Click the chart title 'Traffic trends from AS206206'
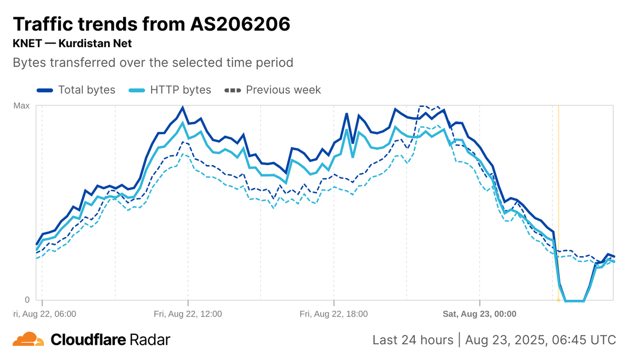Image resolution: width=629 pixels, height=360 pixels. click(x=151, y=24)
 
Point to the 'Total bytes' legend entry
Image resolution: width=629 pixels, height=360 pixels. click(x=86, y=90)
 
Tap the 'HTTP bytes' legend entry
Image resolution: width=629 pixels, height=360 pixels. click(x=180, y=90)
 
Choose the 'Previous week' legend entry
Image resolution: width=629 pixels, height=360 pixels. click(x=283, y=90)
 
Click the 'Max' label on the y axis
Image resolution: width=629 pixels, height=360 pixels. click(x=21, y=106)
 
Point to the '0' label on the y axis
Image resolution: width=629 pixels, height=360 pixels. click(x=27, y=300)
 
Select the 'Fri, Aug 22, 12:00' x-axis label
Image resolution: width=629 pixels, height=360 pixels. click(x=188, y=314)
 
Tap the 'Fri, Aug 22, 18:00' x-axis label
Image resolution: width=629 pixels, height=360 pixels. click(x=333, y=314)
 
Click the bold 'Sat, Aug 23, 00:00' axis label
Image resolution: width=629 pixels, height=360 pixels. click(x=480, y=314)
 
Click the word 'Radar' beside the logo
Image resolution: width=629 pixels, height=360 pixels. click(x=150, y=340)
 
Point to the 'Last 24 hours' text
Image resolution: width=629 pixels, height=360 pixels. click(x=413, y=340)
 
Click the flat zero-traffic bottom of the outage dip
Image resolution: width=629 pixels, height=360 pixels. click(x=574, y=301)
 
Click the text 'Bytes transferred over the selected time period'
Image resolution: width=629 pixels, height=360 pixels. click(x=153, y=63)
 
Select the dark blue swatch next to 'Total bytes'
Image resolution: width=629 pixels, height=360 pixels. click(x=45, y=90)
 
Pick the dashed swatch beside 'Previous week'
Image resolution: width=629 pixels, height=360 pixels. click(x=233, y=90)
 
